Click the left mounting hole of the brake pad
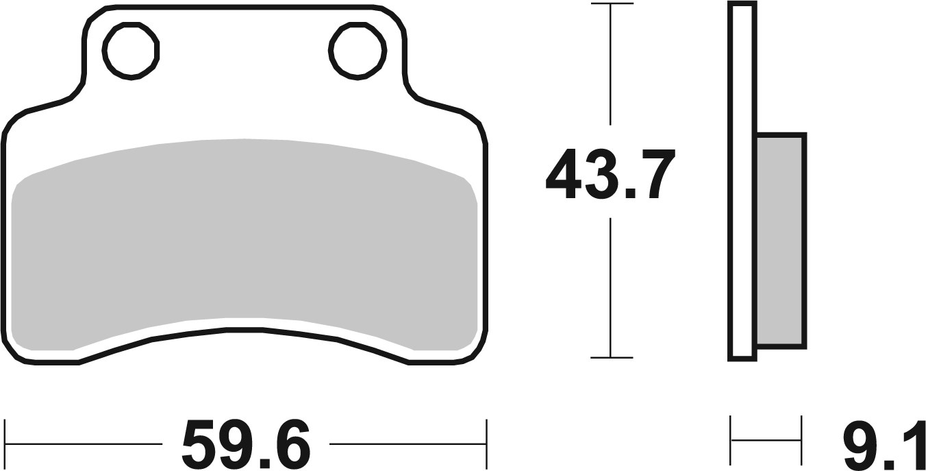131,49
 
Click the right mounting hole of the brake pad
356,49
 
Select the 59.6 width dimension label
246,444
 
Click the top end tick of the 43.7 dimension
611,4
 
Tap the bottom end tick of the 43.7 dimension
611,357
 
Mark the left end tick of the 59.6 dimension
5,444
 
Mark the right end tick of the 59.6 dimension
486,444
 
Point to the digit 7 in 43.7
653,174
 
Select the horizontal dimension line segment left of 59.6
82,444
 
